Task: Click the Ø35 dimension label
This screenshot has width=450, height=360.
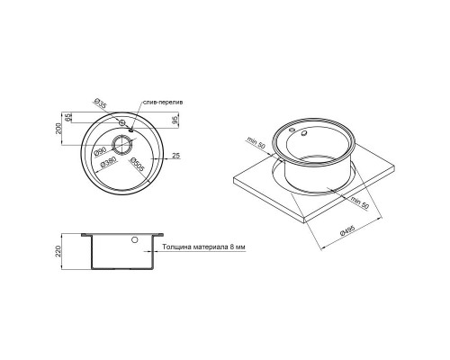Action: tap(101, 106)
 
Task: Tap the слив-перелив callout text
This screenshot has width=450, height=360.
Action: tap(164, 103)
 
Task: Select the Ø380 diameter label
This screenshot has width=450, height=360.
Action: tap(110, 163)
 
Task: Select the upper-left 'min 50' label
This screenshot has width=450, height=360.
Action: tap(262, 145)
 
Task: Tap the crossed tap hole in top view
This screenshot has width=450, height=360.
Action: tap(121, 120)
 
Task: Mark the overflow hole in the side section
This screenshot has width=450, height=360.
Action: tap(134, 241)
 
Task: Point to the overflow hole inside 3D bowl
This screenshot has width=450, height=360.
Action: tap(302, 134)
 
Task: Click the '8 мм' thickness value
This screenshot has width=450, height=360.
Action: tap(235, 245)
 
